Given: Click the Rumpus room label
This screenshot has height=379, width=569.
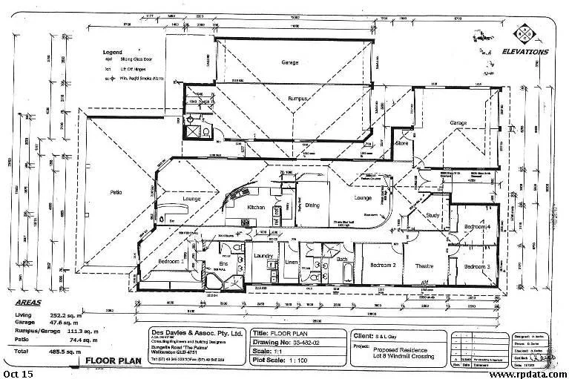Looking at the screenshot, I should point(299,98).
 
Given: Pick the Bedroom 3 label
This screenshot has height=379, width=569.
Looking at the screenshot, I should point(477,266).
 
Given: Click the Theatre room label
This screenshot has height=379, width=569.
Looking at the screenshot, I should point(424,266).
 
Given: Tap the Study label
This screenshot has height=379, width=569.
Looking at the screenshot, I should point(433,216).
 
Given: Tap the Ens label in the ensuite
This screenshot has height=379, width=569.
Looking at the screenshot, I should point(223,263).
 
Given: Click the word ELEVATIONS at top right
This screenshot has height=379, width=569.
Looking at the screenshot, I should point(524,52).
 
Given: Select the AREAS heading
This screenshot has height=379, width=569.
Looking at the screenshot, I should point(28,304).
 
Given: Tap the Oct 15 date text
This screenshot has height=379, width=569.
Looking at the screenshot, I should point(19,374).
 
